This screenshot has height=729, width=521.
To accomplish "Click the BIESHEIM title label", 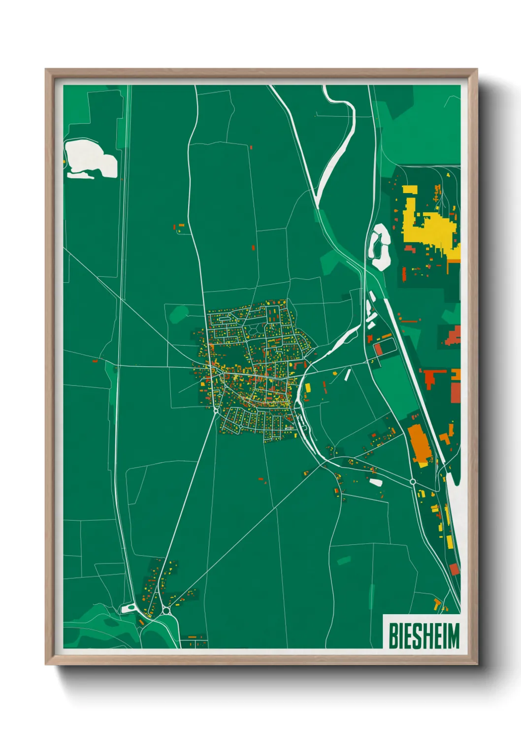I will (x=423, y=635).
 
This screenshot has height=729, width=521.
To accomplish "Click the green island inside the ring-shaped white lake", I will (x=380, y=246).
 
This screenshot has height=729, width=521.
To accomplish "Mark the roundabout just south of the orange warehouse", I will (x=413, y=481).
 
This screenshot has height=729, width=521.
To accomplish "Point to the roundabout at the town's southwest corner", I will (x=216, y=410).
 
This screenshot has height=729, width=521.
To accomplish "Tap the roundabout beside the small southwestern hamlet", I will (x=166, y=611).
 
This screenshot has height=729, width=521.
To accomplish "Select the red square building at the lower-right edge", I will (x=455, y=569).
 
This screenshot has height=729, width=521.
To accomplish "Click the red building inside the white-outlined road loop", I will (x=378, y=349).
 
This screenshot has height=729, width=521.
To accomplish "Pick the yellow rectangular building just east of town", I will (x=307, y=387).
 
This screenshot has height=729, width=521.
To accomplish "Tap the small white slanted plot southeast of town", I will (x=376, y=482).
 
